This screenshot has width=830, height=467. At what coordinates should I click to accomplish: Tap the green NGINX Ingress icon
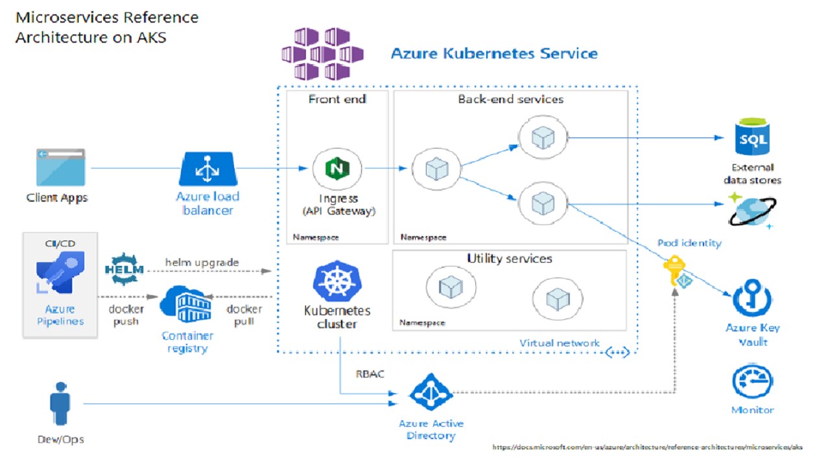pos(337,168)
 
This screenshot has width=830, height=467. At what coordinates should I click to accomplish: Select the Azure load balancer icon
pos(207,168)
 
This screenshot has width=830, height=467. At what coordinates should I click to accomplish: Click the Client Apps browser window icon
pos(61,168)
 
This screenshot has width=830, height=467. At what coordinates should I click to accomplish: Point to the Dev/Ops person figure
pos(60,403)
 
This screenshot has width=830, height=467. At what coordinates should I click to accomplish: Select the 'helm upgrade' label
pos(202,263)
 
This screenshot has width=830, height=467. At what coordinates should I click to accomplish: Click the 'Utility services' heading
pos(509,259)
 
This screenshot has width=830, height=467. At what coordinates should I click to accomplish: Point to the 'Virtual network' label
pos(559,343)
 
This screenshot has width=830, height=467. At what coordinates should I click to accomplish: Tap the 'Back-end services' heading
pos(510,99)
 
